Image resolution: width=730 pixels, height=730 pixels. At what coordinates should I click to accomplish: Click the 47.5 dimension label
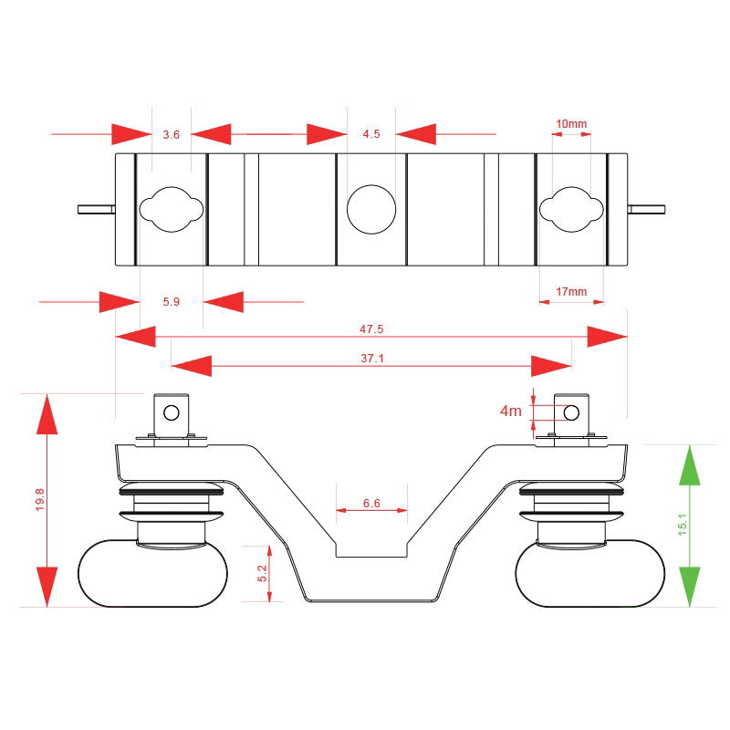(x=371, y=329)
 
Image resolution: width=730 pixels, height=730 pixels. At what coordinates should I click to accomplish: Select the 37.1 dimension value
(x=372, y=358)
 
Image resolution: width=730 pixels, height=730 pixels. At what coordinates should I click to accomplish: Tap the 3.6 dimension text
(x=171, y=134)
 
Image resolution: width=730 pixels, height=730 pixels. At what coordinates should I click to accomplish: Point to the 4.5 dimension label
(x=371, y=134)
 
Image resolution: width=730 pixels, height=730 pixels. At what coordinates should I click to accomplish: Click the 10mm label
(x=571, y=124)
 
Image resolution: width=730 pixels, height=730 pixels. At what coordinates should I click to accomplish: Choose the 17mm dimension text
(x=571, y=292)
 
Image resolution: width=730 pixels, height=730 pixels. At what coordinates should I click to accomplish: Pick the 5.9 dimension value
(x=171, y=302)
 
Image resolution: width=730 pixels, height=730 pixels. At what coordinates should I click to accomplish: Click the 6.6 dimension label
(x=371, y=504)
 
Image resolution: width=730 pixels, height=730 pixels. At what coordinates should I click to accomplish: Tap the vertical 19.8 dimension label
(x=39, y=499)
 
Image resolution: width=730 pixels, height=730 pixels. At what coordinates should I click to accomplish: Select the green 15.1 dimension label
(x=683, y=525)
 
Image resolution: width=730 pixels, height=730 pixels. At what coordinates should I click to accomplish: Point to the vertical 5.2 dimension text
(x=262, y=573)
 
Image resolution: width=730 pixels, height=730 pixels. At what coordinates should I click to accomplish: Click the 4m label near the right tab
(x=511, y=411)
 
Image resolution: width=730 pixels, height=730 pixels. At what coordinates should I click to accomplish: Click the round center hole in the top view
(x=371, y=210)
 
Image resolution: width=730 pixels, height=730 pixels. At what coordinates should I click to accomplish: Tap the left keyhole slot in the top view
(x=172, y=210)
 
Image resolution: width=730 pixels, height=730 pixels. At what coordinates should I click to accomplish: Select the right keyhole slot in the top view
(x=571, y=210)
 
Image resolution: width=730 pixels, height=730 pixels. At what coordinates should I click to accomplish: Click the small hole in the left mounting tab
(x=172, y=412)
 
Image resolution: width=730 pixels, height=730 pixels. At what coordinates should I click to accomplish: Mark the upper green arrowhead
(x=690, y=465)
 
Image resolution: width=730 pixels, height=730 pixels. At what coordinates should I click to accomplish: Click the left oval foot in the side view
(x=152, y=574)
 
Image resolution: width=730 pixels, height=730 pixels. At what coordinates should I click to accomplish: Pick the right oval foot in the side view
(x=590, y=574)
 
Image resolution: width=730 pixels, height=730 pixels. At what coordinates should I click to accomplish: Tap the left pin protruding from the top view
(x=97, y=210)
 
